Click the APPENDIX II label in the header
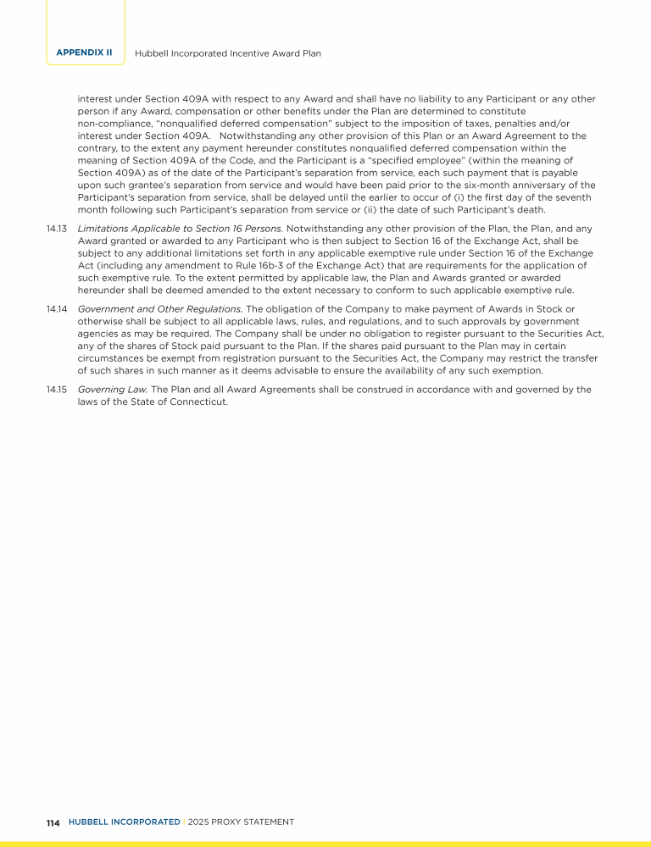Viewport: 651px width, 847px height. click(84, 53)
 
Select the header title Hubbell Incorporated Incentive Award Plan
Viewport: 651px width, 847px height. click(228, 53)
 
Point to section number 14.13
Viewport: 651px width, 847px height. click(57, 229)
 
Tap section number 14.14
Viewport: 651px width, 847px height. click(57, 309)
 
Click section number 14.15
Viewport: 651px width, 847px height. click(57, 390)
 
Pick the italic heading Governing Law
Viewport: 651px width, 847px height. click(113, 390)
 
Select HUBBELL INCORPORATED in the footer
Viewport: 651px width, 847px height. click(124, 822)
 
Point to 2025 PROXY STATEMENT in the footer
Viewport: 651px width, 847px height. click(242, 822)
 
